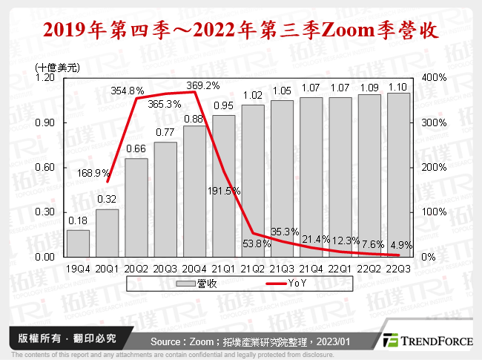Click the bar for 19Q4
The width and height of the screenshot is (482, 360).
(78, 243)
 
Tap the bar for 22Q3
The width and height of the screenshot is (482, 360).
(398, 174)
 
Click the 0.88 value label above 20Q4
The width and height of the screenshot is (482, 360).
(194, 119)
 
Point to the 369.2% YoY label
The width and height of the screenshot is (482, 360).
(202, 85)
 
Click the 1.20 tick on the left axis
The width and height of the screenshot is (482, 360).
(45, 77)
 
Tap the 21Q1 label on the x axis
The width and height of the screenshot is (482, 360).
(224, 267)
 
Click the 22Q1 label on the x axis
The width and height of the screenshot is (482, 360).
(340, 267)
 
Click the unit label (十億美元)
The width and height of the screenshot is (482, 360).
(57, 66)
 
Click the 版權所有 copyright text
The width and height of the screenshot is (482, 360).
(38, 338)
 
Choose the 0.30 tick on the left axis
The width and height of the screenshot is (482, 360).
(45, 212)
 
